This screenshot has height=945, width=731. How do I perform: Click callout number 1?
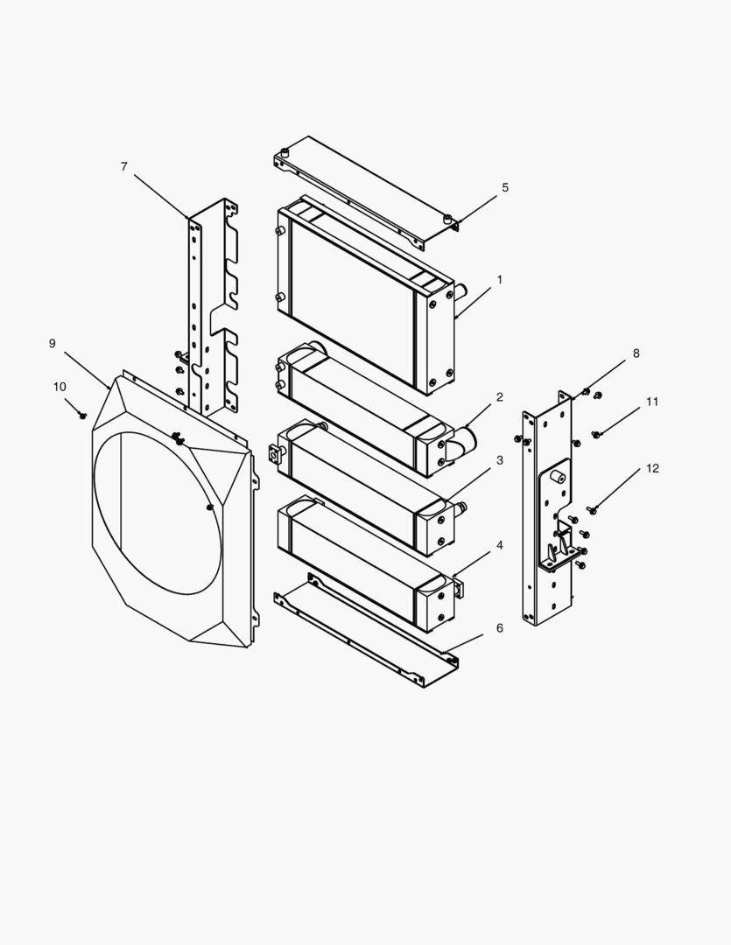pyautogui.click(x=500, y=280)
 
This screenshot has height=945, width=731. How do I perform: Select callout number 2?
pyautogui.click(x=500, y=397)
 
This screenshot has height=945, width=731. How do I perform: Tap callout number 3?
pyautogui.click(x=500, y=460)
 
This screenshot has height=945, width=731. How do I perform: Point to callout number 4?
pyautogui.click(x=500, y=545)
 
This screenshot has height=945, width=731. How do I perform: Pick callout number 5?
pyautogui.click(x=505, y=188)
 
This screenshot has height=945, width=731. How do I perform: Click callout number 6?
pyautogui.click(x=500, y=628)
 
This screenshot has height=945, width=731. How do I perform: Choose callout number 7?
pyautogui.click(x=124, y=166)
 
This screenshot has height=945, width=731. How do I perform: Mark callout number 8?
pyautogui.click(x=636, y=353)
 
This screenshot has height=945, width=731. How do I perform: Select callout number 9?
pyautogui.click(x=53, y=344)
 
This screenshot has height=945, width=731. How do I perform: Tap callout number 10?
pyautogui.click(x=60, y=387)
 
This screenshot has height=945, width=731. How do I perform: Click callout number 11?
pyautogui.click(x=652, y=402)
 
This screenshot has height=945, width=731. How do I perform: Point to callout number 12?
pyautogui.click(x=652, y=469)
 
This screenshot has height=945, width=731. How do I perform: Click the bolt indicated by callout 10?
pyautogui.click(x=83, y=415)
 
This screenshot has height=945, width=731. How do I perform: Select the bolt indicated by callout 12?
pyautogui.click(x=593, y=509)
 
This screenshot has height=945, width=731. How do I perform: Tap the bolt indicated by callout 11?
pyautogui.click(x=596, y=434)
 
